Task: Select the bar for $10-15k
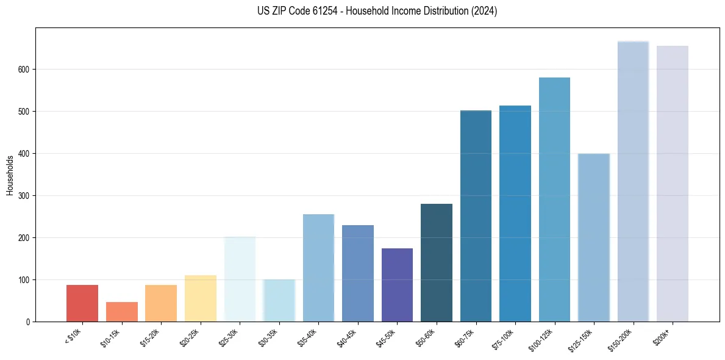(122, 312)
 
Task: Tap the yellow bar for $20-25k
(201, 298)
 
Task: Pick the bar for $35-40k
(318, 268)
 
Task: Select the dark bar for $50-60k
(437, 262)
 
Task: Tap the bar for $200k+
(672, 184)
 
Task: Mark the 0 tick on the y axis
(29, 322)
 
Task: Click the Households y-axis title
(10, 175)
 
